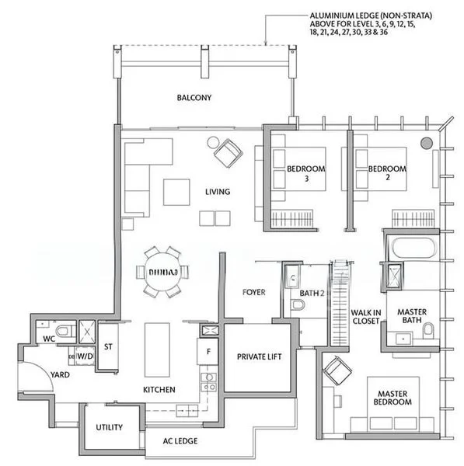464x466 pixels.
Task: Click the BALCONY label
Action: [194, 98]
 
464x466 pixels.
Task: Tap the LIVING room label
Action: [217, 192]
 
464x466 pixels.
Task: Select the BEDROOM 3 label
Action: [305, 172]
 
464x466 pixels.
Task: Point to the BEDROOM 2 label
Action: [386, 172]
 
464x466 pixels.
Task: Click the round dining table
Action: [162, 272]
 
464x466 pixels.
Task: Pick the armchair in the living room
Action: [228, 152]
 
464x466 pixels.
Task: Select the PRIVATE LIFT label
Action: [259, 356]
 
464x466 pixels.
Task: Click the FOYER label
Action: [253, 293]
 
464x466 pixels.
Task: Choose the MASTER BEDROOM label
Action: [389, 398]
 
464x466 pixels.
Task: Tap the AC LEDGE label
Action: [180, 441]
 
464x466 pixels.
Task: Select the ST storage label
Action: [110, 347]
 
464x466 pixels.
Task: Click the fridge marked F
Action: [208, 350]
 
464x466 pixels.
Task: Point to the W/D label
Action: [85, 356]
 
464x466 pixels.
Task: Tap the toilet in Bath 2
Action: [296, 305]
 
